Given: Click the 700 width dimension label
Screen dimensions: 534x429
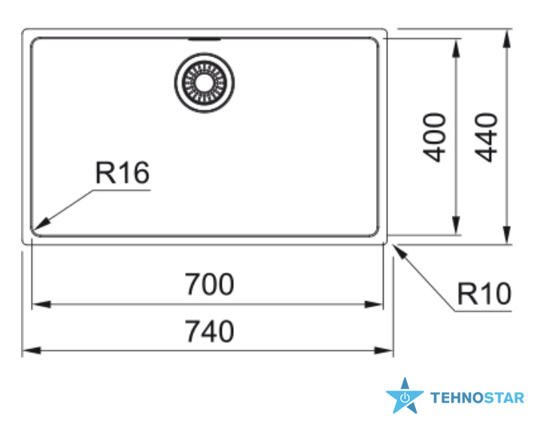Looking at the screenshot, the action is click(x=209, y=285).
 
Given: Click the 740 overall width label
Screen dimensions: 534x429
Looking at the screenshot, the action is click(x=209, y=331).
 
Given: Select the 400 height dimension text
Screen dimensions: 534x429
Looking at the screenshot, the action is click(x=434, y=137).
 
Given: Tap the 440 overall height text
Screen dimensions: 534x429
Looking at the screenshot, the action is click(x=486, y=137).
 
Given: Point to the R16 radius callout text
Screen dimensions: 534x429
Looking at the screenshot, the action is click(x=123, y=173).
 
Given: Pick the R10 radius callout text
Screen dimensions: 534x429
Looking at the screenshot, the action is click(x=484, y=294).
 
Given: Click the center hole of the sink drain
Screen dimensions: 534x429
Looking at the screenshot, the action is click(x=205, y=83).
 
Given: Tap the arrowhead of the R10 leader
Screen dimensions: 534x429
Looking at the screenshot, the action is click(x=400, y=252).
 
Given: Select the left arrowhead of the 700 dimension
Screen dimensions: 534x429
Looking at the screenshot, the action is click(x=41, y=304).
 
